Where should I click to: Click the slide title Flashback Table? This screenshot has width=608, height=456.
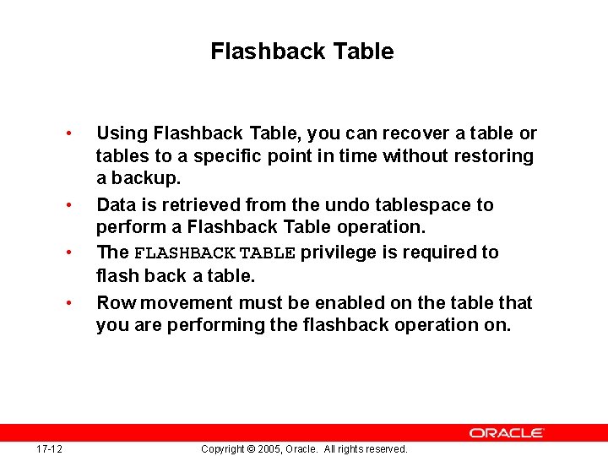(302, 52)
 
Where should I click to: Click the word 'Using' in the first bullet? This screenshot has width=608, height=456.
(122, 133)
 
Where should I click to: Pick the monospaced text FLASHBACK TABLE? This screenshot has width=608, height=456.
(215, 252)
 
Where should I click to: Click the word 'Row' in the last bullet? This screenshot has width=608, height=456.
(113, 302)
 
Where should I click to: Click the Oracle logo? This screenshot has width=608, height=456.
(507, 432)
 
